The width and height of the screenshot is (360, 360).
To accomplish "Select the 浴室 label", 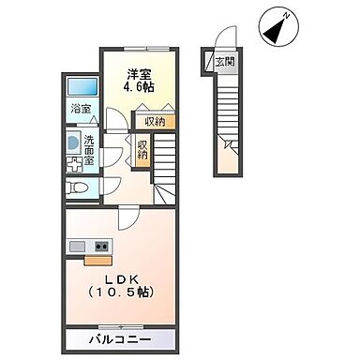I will click(81, 109).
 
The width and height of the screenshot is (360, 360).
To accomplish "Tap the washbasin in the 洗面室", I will click(72, 145).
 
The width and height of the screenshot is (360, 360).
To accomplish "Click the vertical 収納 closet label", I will click(142, 150).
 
